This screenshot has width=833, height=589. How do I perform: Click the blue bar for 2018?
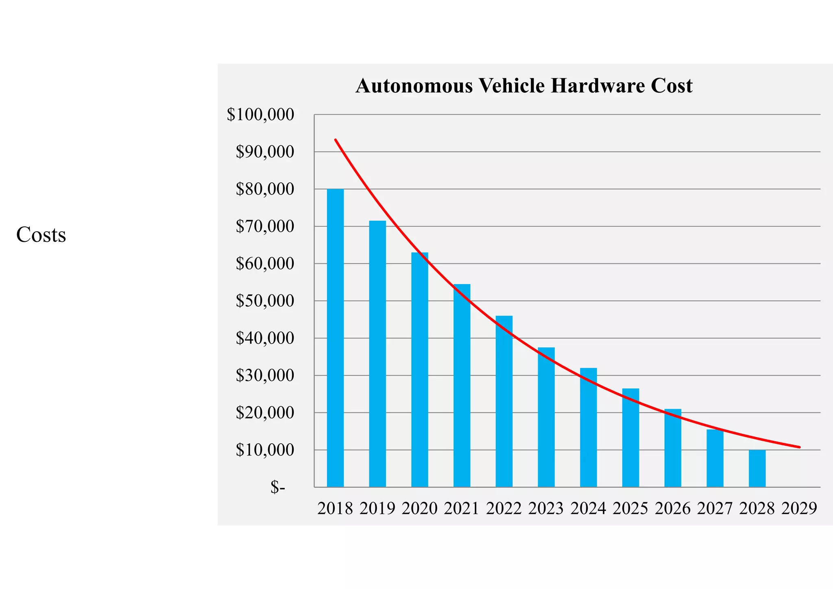pos(335,338)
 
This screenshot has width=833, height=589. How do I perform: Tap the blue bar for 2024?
pos(588,427)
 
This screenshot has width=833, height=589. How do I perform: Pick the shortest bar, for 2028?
pos(757,468)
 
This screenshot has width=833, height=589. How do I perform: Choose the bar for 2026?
pos(673,448)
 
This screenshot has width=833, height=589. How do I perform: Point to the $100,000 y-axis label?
pos(260,114)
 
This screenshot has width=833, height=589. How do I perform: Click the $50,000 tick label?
pos(265,301)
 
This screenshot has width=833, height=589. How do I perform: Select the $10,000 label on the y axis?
pos(265,450)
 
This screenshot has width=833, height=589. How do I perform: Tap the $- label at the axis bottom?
pos(278,487)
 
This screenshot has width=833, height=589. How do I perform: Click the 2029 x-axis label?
pos(799,508)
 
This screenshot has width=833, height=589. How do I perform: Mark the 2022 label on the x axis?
pos(504,508)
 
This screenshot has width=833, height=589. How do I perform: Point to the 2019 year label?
pos(377,508)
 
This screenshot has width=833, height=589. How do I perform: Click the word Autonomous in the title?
pos(414,86)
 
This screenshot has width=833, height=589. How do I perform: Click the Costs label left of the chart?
pos(41,235)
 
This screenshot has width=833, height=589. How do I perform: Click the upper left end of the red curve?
pos(336,140)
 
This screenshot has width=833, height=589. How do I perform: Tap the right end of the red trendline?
pos(799,447)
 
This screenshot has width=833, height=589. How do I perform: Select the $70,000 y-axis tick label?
pos(265,226)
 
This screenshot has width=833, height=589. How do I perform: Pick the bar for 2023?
pos(546,417)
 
